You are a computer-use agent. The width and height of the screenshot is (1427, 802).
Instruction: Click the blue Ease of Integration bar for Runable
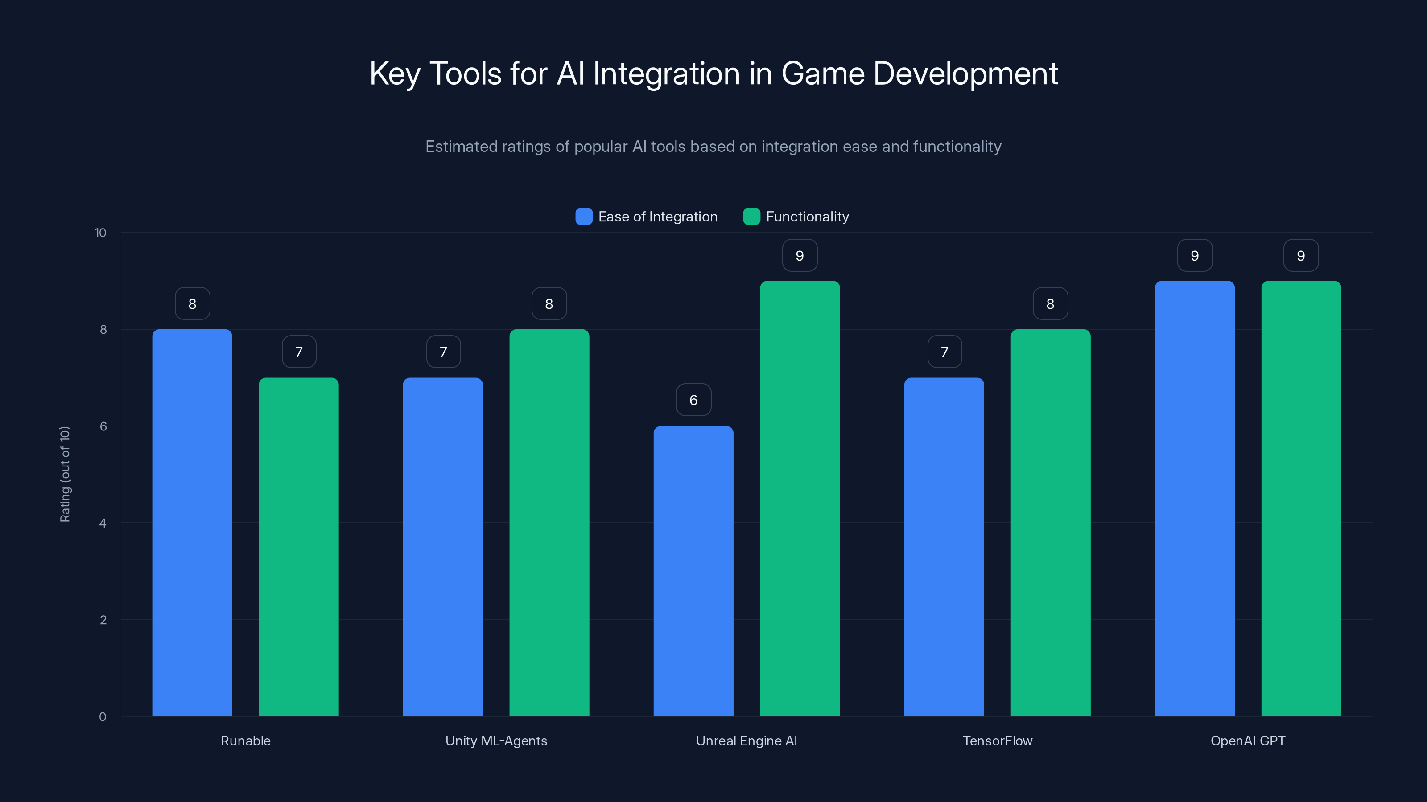click(x=192, y=523)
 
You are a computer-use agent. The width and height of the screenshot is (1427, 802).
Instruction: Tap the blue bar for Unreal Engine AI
click(x=693, y=571)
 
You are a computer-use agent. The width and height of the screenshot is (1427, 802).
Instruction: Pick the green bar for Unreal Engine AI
click(x=800, y=498)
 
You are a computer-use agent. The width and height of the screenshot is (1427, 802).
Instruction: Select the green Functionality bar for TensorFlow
click(x=1050, y=523)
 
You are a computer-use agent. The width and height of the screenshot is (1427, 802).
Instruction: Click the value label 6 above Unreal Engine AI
click(x=693, y=400)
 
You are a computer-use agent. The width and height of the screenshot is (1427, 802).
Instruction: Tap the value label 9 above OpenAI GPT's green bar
click(x=1301, y=255)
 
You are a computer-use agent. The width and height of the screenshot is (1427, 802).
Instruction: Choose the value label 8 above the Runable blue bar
click(x=192, y=303)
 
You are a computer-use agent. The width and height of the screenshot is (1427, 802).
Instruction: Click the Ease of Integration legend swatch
click(x=584, y=217)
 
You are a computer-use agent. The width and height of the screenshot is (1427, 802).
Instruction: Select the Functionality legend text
click(x=807, y=217)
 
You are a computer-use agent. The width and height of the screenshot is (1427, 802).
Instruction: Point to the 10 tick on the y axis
click(x=100, y=233)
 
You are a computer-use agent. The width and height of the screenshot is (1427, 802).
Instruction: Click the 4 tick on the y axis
click(x=103, y=523)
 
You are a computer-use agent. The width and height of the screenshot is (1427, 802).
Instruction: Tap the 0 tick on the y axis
click(x=103, y=717)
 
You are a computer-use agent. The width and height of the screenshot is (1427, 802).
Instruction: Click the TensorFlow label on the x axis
click(x=997, y=741)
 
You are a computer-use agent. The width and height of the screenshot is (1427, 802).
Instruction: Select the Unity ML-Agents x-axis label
click(x=496, y=741)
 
